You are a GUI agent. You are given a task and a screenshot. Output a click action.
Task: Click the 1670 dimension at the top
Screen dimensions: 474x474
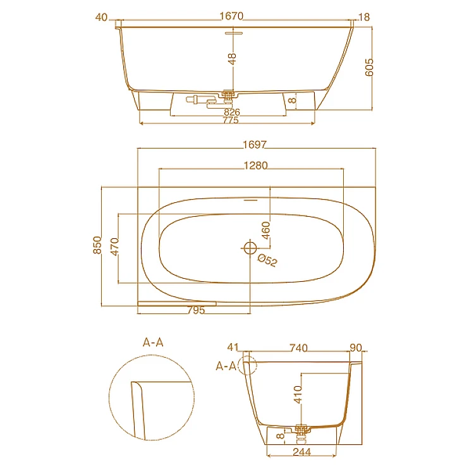231,16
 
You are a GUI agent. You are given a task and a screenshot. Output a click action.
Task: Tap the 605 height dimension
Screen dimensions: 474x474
369,67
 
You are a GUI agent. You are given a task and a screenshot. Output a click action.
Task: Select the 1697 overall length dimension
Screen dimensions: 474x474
255,145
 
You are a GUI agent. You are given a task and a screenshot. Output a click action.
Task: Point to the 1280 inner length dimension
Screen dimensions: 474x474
256,166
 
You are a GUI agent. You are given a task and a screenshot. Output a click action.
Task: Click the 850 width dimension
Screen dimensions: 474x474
97,245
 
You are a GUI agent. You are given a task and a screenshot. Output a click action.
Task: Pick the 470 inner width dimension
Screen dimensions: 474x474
115,246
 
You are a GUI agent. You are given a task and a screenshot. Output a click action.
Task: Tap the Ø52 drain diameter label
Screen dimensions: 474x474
267,260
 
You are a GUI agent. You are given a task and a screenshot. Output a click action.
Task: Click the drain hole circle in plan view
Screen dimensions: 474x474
250,248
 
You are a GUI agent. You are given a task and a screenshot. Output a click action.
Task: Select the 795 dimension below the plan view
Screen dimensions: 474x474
196,310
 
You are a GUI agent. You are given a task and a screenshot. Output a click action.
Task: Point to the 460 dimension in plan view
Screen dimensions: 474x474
265,230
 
